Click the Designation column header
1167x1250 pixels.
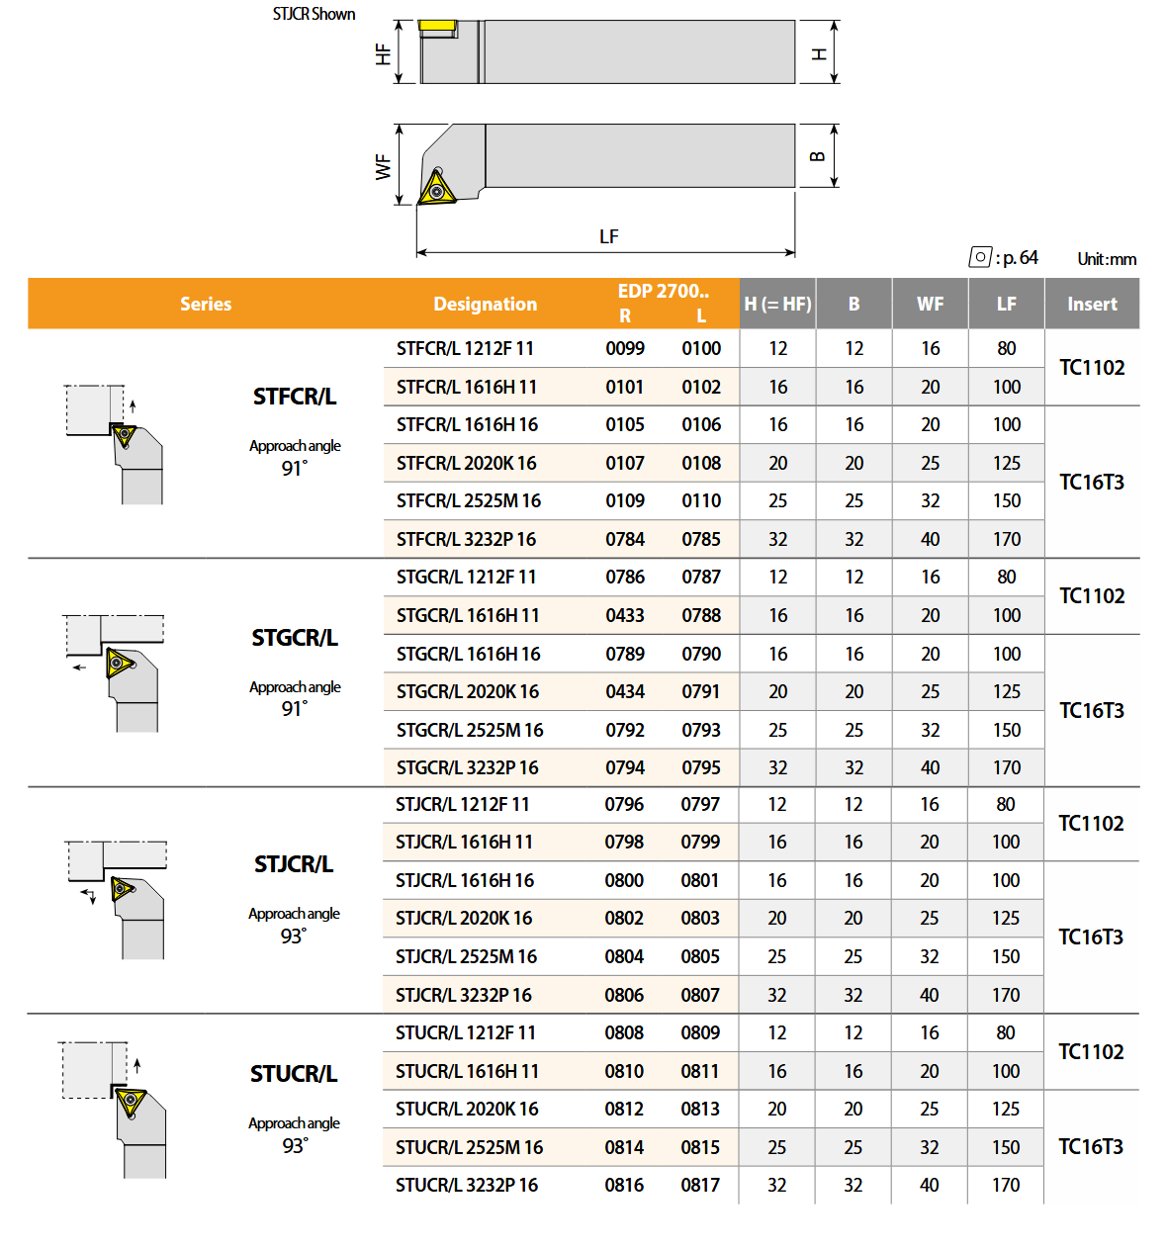pyautogui.click(x=485, y=304)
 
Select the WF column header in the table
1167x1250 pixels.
pyautogui.click(x=930, y=304)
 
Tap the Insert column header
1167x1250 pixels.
pyautogui.click(x=1092, y=304)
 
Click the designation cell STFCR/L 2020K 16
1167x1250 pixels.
pyautogui.click(x=466, y=463)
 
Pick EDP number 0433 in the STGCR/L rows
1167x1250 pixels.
pyautogui.click(x=625, y=615)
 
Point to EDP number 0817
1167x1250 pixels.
pyautogui.click(x=700, y=1185)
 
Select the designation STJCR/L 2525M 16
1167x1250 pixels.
pyautogui.click(x=466, y=956)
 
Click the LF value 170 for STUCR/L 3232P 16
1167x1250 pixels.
pyautogui.click(x=1006, y=1185)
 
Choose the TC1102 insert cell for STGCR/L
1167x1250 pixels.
pyautogui.click(x=1092, y=595)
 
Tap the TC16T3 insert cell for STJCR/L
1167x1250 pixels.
pyautogui.click(x=1091, y=937)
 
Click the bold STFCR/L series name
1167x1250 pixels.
pyautogui.click(x=295, y=397)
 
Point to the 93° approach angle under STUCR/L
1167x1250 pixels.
pyautogui.click(x=295, y=1145)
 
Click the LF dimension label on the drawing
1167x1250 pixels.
pyautogui.click(x=609, y=236)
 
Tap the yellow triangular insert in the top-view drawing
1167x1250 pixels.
pyautogui.click(x=436, y=188)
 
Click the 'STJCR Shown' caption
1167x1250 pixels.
pyautogui.click(x=314, y=14)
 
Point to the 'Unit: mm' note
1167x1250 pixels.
pyautogui.click(x=1107, y=259)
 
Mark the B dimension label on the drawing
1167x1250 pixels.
pyautogui.click(x=818, y=156)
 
